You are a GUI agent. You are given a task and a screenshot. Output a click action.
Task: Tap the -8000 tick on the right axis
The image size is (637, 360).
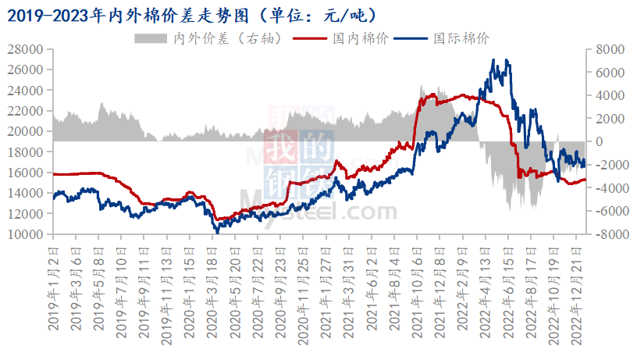[x=607, y=234]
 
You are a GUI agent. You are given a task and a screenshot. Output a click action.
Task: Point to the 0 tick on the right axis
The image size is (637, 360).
[x=597, y=141]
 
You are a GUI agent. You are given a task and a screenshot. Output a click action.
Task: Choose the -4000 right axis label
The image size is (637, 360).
[x=607, y=188]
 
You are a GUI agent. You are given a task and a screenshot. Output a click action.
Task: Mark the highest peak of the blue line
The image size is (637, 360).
[x=493, y=59]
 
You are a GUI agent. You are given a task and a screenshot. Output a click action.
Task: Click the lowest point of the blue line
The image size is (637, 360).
[x=217, y=233]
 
